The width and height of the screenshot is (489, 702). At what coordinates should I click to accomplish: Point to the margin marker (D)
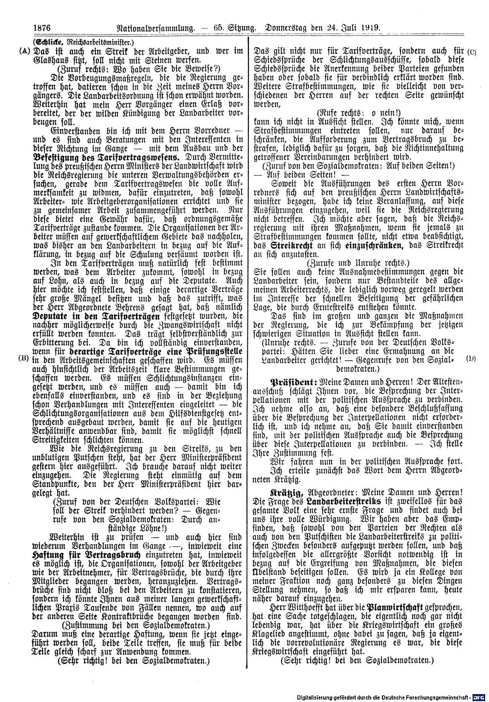pos(471,358)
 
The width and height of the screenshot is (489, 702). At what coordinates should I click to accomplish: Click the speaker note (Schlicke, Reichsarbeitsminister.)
pos(79,42)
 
